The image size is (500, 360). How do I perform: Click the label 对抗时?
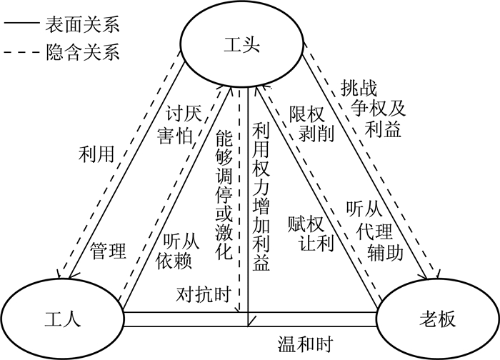(204, 293)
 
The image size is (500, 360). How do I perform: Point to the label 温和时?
(304, 344)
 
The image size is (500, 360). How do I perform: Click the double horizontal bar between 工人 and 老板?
(250, 319)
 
